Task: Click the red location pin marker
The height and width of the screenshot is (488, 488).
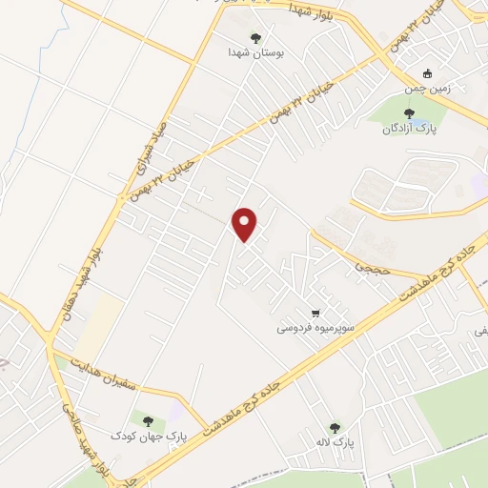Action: pos(246,224)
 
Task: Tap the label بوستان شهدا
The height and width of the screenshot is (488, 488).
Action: pos(254,51)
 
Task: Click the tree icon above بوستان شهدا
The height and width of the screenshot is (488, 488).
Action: pos(254,37)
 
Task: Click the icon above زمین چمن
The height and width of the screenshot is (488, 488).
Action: pos(429,73)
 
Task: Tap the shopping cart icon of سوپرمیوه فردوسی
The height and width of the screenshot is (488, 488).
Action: pos(315,312)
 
